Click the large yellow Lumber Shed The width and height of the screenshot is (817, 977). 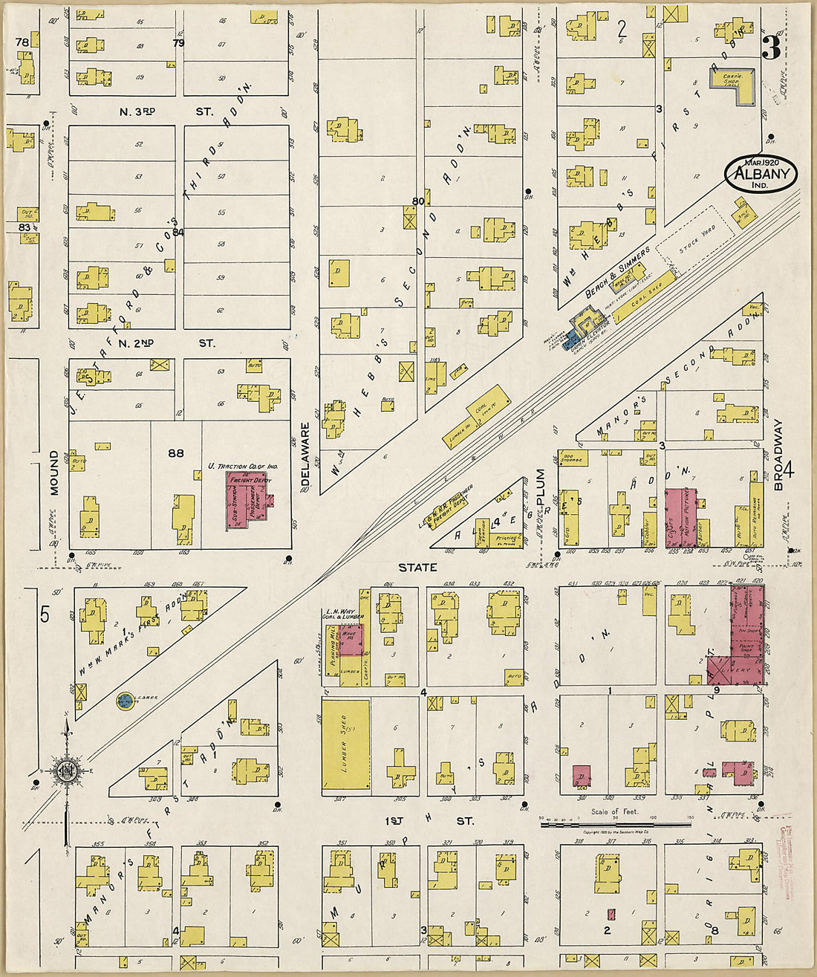345,744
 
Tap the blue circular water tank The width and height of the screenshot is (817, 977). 124,701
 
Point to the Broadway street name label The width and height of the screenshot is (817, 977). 778,454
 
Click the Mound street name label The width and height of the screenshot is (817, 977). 53,473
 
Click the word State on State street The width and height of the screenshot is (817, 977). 417,568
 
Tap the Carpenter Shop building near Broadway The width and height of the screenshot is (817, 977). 732,81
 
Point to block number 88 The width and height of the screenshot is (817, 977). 176,452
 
